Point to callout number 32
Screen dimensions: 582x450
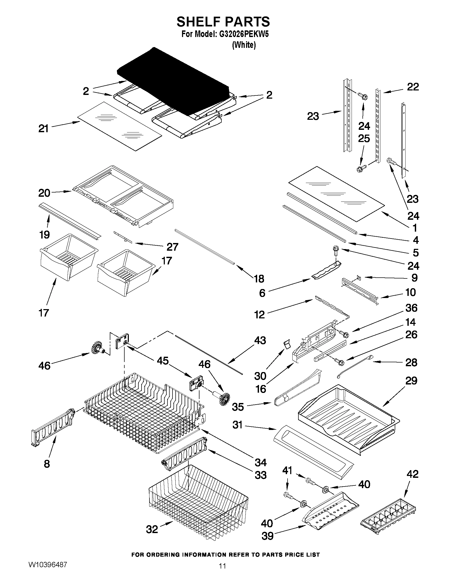152,529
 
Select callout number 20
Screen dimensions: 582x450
44,193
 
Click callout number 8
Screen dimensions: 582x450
47,464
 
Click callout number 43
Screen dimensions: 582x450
260,341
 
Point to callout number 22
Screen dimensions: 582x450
413,87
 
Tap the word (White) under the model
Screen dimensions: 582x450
244,45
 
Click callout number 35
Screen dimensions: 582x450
238,407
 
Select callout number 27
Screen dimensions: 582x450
172,247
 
